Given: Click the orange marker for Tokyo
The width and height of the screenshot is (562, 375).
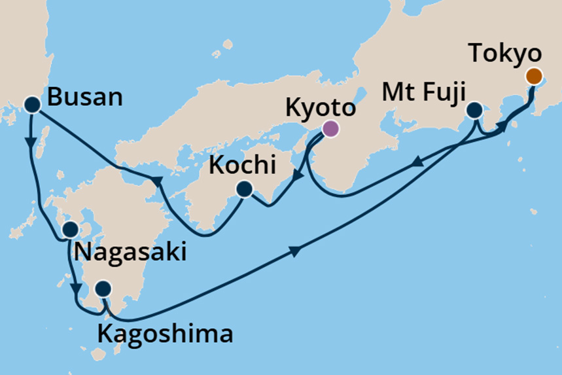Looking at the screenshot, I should point(534,76).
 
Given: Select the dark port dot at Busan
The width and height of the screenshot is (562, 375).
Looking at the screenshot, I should point(33,103).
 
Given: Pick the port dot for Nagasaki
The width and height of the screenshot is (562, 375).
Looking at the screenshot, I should point(70,230).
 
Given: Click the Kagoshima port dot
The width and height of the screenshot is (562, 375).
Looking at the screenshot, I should point(103,289).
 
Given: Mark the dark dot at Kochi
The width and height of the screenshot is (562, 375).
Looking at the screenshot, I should point(244,190).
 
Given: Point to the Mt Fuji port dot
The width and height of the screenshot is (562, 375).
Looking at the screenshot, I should point(474,110).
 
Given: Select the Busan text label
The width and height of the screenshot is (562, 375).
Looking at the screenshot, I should point(86,98).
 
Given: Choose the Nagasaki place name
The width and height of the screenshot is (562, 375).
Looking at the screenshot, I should point(130,251).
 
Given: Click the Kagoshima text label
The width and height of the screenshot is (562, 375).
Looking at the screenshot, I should point(165,334).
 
